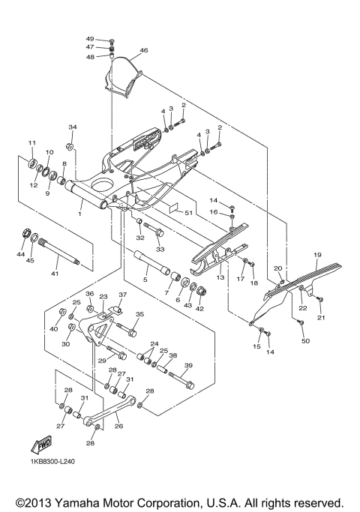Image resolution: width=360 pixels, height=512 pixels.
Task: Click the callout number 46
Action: (x=144, y=50)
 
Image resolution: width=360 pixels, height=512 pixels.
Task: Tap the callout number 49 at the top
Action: (x=90, y=38)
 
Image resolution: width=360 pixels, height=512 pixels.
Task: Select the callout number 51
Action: (x=188, y=213)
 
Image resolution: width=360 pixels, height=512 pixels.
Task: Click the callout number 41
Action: (x=55, y=275)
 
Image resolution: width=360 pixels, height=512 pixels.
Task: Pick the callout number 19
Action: (x=318, y=255)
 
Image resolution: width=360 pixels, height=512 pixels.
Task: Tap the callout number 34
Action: (x=73, y=127)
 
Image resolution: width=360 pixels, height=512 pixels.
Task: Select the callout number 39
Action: (x=188, y=365)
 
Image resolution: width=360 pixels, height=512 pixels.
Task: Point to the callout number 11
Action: (x=32, y=142)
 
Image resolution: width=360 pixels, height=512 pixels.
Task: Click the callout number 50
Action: (x=305, y=341)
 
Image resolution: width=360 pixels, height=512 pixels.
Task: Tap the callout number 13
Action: (x=220, y=277)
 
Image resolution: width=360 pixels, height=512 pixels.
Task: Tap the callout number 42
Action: (x=199, y=307)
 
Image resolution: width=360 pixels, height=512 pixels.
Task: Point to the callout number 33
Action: (x=159, y=249)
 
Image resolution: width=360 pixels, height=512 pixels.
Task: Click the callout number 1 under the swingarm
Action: (x=79, y=214)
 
